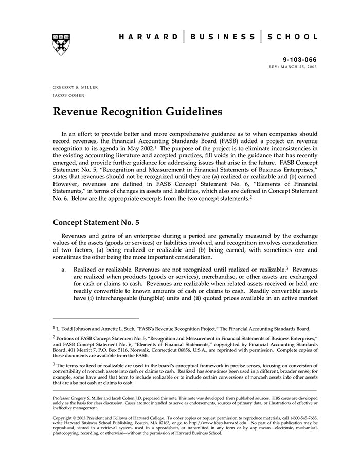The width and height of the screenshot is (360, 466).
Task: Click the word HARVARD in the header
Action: point(149,37)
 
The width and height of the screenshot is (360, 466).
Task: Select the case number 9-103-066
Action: point(300,60)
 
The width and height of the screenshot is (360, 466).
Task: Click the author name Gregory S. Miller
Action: point(75,87)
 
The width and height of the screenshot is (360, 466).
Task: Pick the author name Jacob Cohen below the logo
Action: point(68,95)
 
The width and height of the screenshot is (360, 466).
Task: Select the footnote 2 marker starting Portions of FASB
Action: point(54,337)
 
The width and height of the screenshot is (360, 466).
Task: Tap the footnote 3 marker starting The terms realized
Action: point(54,363)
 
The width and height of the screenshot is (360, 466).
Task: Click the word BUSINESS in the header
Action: point(222,37)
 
